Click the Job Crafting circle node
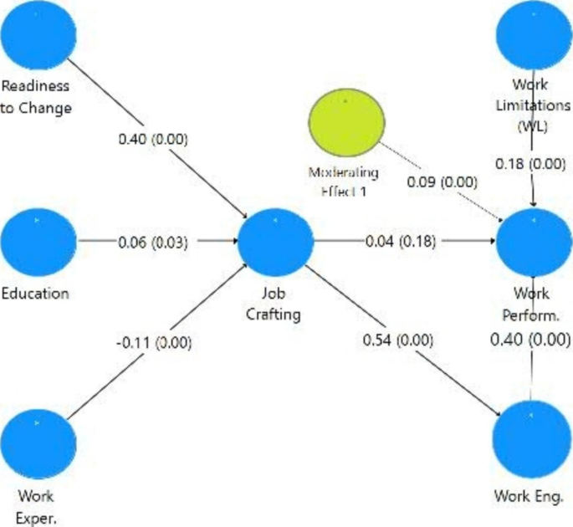(x=275, y=242)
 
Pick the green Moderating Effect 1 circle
(x=345, y=122)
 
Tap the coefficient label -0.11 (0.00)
(x=154, y=341)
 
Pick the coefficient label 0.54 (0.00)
(x=399, y=340)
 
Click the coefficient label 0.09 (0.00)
(x=443, y=182)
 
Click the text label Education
(x=35, y=294)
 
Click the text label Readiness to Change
(x=36, y=96)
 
